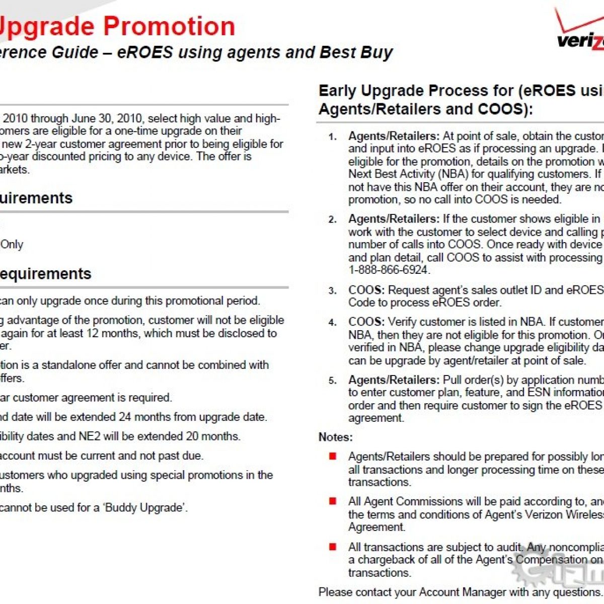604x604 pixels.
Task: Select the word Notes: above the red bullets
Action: click(x=336, y=437)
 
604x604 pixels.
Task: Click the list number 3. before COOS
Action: click(x=332, y=291)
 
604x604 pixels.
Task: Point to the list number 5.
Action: click(x=332, y=381)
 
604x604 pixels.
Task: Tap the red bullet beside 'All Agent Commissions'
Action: click(x=333, y=501)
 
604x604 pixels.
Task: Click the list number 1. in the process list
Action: click(x=332, y=137)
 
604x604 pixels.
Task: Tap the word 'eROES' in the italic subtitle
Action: click(x=145, y=52)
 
